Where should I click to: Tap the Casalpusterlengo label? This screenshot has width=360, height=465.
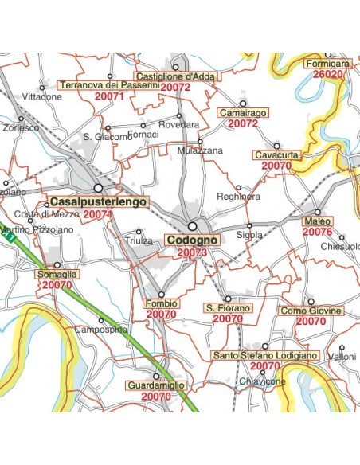99,203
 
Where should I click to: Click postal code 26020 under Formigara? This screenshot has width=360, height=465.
327,74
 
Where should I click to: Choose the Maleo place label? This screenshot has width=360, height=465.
317,221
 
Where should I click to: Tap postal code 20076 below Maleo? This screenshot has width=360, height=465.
317,232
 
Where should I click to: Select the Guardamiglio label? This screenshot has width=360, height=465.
156,385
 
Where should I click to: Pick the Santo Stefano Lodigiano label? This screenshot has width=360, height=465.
265,355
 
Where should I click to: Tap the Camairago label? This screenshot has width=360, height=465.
242,113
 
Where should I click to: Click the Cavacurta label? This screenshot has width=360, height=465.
276,154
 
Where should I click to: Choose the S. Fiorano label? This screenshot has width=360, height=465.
228,307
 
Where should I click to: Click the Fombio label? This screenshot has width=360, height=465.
161,303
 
